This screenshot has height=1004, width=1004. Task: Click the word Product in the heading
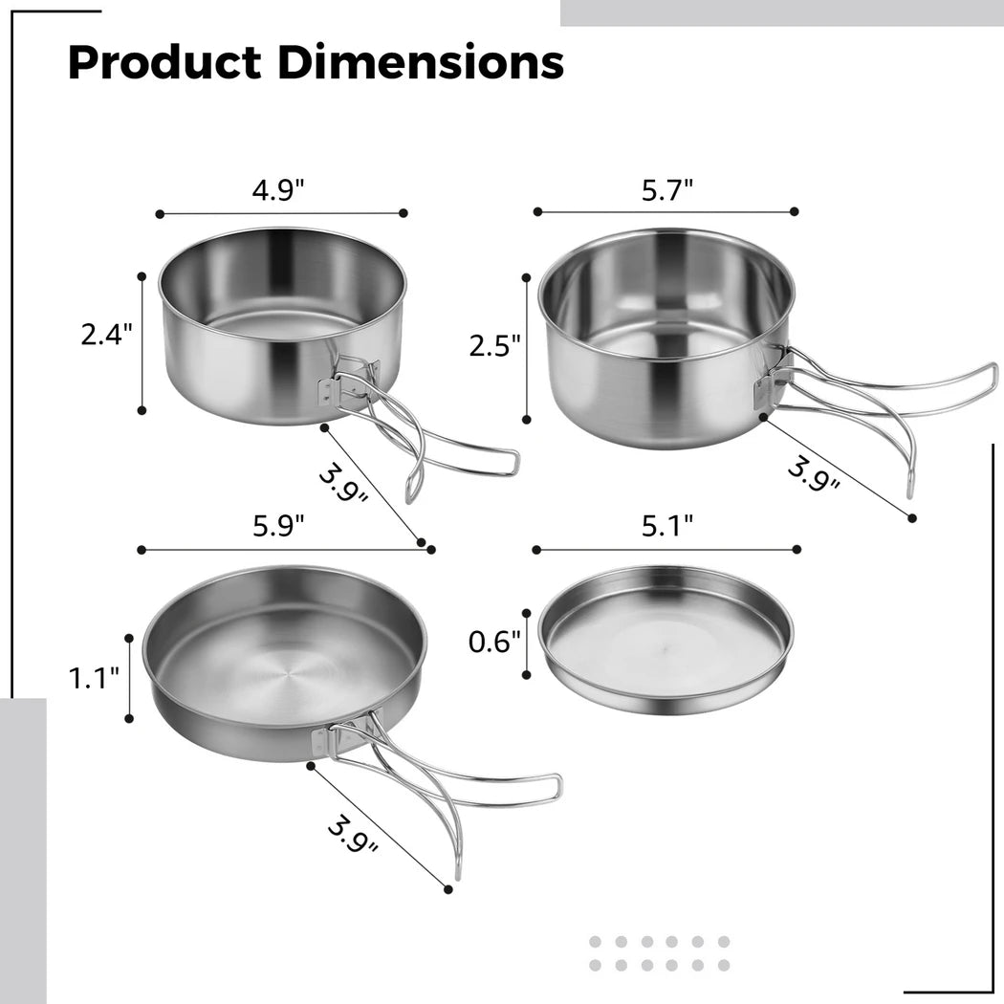[164, 63]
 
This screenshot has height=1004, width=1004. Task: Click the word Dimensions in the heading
[421, 62]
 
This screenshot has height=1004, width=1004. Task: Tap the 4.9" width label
[278, 190]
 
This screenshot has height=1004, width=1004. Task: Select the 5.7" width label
[667, 190]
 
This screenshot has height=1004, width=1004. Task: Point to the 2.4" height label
[106, 335]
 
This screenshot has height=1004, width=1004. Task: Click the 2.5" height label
[495, 346]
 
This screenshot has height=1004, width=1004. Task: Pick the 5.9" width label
[278, 526]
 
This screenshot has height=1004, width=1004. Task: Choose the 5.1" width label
[667, 526]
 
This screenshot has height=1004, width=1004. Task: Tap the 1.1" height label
[94, 678]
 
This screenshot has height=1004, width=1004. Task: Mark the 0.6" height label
[495, 642]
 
